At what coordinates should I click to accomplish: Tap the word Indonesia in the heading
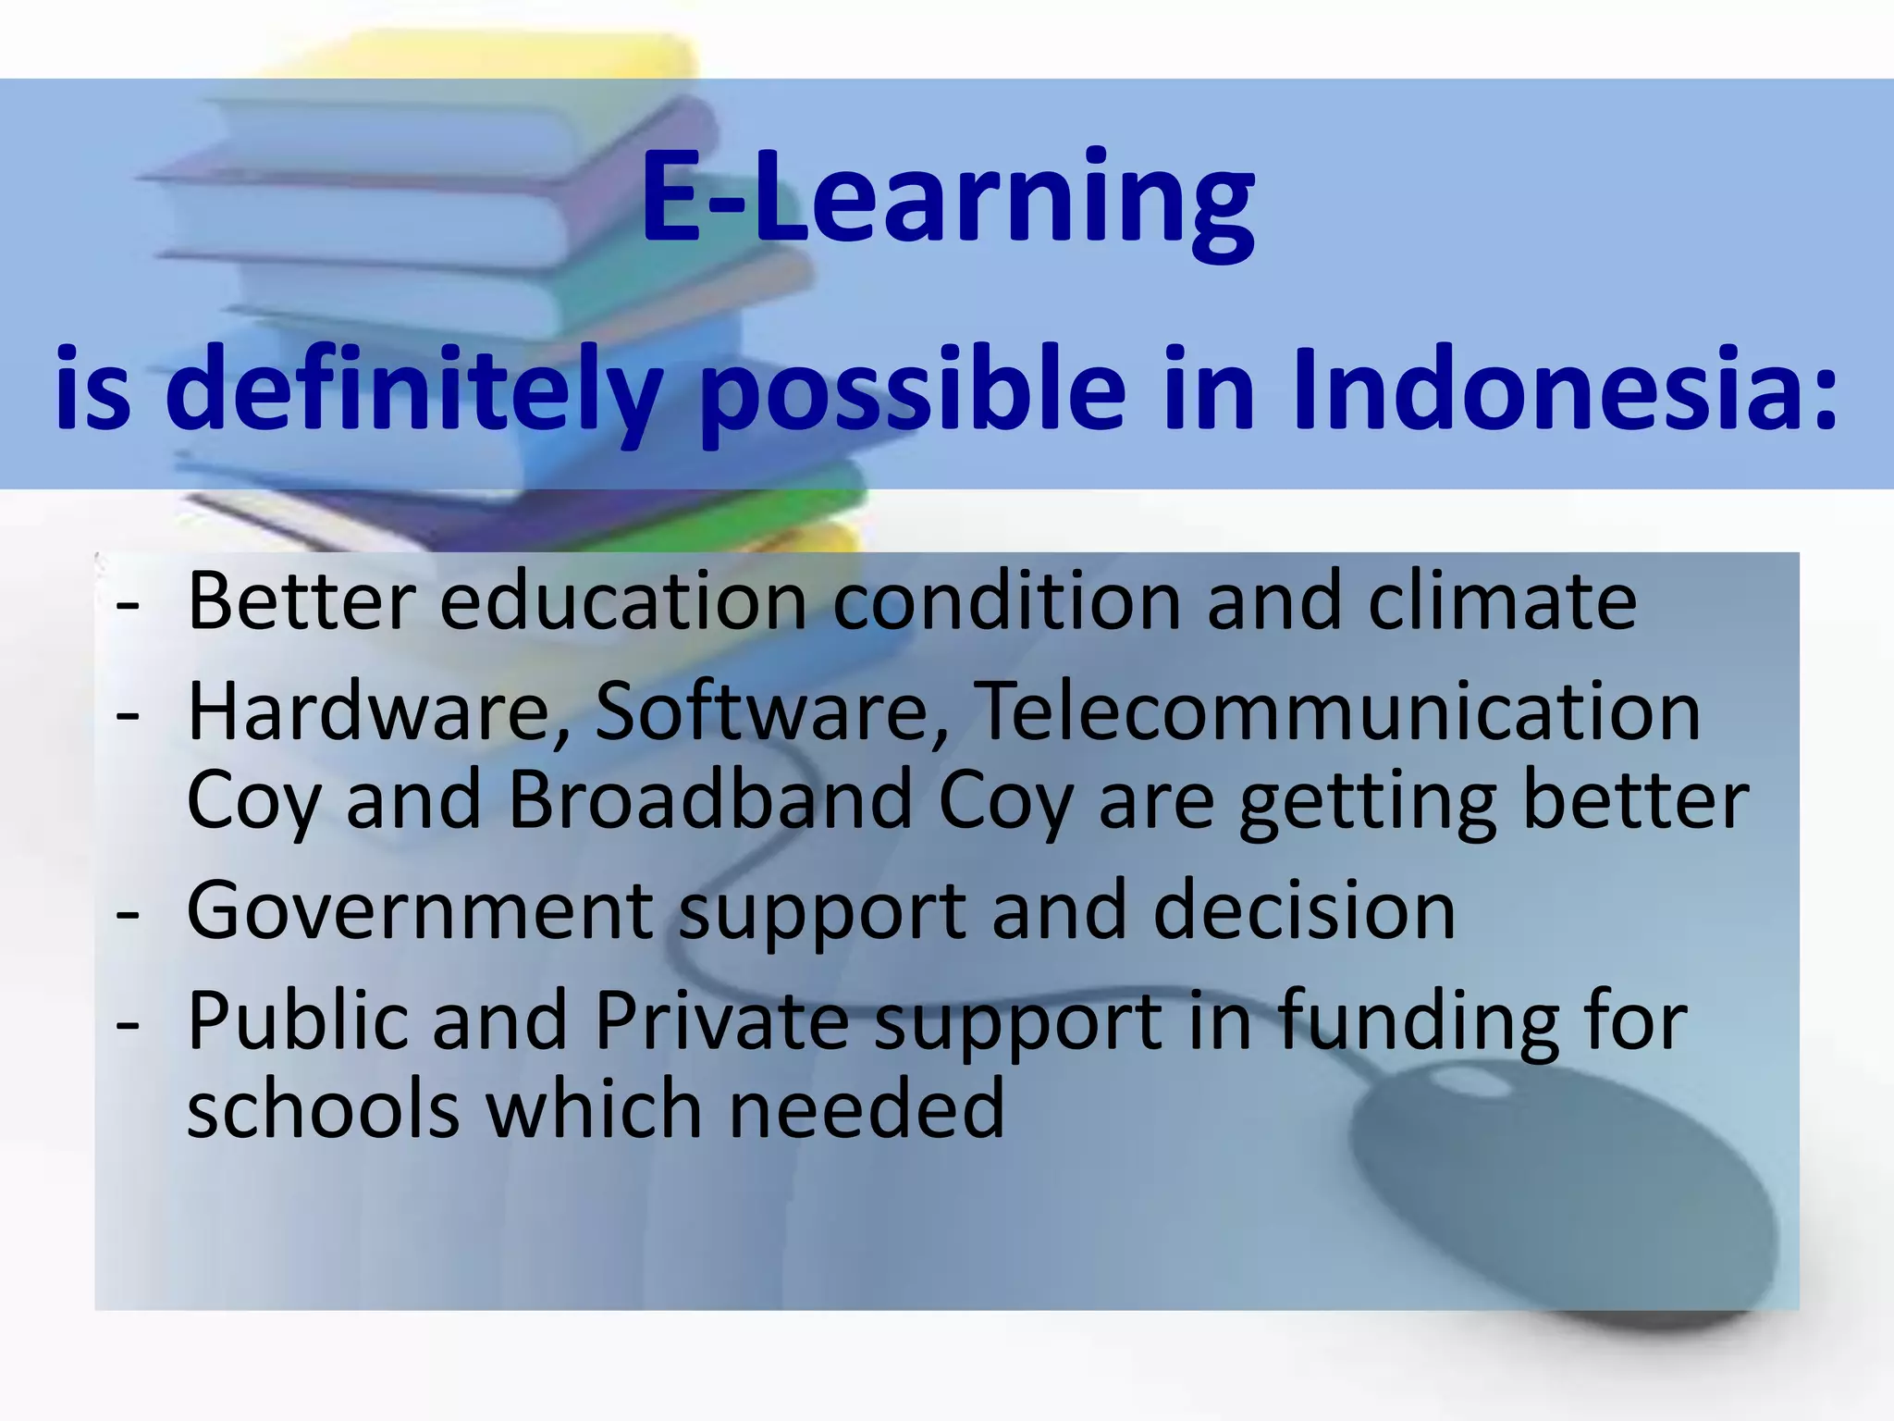(x=1564, y=389)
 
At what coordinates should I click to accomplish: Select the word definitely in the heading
(x=413, y=389)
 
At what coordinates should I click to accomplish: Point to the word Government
(x=420, y=911)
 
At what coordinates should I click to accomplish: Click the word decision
(x=1304, y=911)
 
